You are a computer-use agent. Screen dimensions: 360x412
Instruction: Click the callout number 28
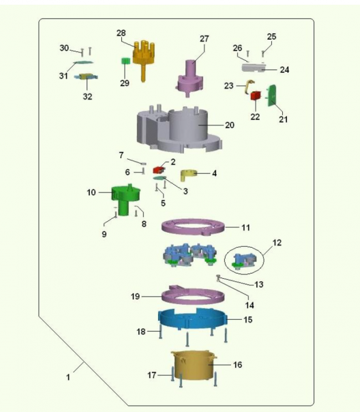[121, 33]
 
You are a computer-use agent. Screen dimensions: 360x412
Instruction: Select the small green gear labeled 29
[125, 61]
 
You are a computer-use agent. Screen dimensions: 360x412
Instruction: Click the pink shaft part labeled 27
[190, 78]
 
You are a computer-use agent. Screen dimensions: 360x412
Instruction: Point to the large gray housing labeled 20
[179, 129]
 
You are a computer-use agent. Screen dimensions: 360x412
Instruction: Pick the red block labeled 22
[256, 95]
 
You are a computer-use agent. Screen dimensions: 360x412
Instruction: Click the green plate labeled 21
[271, 95]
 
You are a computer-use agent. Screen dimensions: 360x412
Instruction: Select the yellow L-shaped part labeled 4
[188, 175]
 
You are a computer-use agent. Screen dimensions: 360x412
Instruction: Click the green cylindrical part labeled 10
[125, 199]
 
